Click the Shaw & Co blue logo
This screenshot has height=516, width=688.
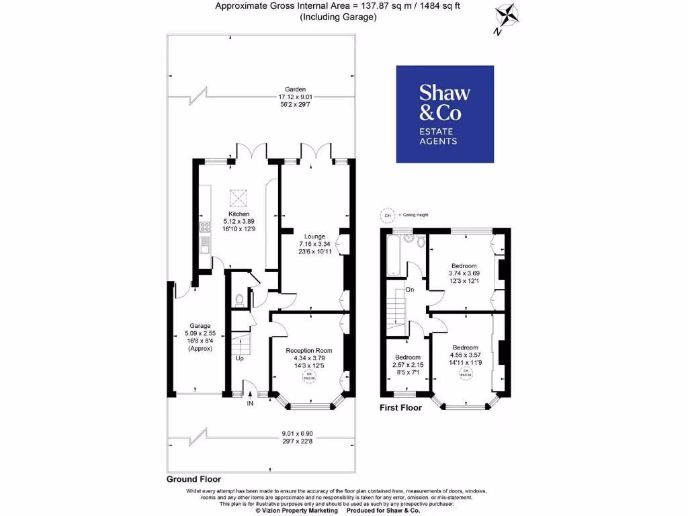click(x=445, y=114)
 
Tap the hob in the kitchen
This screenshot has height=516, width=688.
click(x=203, y=228)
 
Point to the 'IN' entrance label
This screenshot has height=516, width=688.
click(x=250, y=404)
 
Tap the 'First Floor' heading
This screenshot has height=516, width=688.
click(x=400, y=408)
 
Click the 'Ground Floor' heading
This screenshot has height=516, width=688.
click(x=193, y=480)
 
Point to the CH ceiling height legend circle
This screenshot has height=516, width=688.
click(x=386, y=215)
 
